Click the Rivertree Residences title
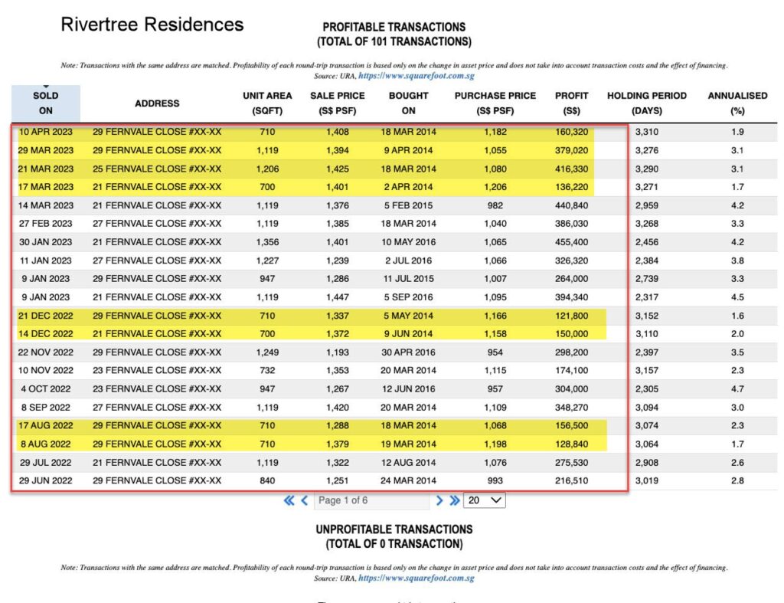pos(152,25)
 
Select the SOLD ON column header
pos(46,103)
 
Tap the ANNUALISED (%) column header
pos(737,103)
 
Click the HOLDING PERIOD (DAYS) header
pos(647,103)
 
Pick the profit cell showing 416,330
pos(572,169)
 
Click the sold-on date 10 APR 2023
pos(46,132)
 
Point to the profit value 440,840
pos(572,205)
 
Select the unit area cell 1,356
pos(267,242)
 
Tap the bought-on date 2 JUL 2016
pos(408,261)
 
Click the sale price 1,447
pos(337,297)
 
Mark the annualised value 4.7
pos(737,389)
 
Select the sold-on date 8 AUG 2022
pos(46,444)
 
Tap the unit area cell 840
pos(267,481)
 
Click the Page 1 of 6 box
pos(371,500)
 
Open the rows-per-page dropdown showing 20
pos(485,500)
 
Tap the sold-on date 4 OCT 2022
pos(46,389)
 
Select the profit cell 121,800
pos(572,316)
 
